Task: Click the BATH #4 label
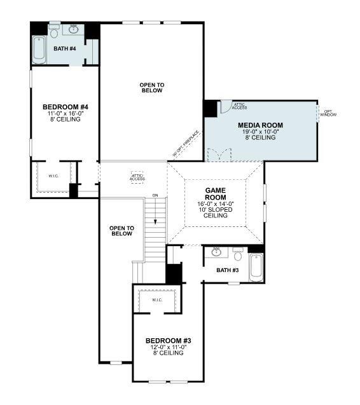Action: pos(64,48)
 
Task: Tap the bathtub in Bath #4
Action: pos(39,50)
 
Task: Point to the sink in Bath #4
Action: pos(74,29)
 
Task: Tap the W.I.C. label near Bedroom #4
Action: pos(53,176)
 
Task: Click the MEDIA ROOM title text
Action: pos(260,125)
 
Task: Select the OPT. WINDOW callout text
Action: pos(328,113)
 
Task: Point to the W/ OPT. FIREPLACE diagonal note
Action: pos(186,144)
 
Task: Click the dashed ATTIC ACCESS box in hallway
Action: pos(137,177)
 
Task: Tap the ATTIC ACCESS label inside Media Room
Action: pos(240,106)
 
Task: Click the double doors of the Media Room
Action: pos(217,154)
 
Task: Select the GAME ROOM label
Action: pos(216,194)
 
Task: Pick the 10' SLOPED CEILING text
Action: pos(216,212)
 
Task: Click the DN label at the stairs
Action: pos(155,195)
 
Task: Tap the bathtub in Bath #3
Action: pos(256,267)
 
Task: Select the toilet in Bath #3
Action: pos(238,255)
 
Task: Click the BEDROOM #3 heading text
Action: pos(168,340)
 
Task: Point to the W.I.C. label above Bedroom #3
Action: pos(157,300)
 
